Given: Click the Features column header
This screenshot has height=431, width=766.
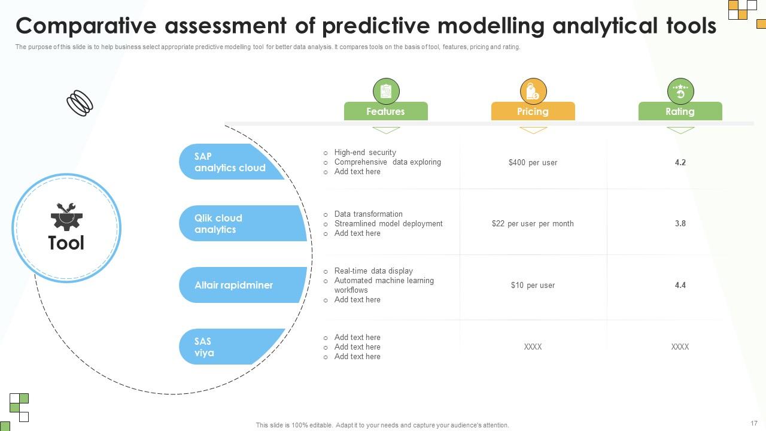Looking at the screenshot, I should pos(385,111).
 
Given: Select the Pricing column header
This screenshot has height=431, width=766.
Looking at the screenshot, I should pos(533,111).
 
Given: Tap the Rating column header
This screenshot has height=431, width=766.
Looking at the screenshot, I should pos(680,111).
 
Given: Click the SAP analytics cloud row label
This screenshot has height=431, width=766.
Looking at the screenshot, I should pos(230,162).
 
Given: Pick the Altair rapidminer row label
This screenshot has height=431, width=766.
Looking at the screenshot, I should pos(233,286).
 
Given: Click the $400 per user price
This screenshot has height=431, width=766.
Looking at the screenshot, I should pos(533,163).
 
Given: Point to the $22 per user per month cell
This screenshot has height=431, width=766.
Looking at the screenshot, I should pos(533,224).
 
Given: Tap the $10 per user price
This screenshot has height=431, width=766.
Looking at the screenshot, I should pos(533,286).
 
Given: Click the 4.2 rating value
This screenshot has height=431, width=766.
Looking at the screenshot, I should pos(680,163).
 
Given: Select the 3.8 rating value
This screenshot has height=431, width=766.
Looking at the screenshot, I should pos(680,224).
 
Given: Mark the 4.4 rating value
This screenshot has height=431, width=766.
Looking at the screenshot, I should pos(680,286).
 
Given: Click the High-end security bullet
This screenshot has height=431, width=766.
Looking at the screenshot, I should pos(365,153).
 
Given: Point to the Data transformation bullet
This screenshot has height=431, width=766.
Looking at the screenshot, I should pos(368,214).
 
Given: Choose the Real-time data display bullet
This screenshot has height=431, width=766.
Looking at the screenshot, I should pos(373,271).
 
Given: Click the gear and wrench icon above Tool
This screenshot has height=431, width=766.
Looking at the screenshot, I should pos(66,217).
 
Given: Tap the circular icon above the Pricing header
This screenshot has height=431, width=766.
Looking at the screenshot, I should pos(533,92).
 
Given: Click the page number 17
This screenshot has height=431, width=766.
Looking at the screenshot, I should pos(753,423).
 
